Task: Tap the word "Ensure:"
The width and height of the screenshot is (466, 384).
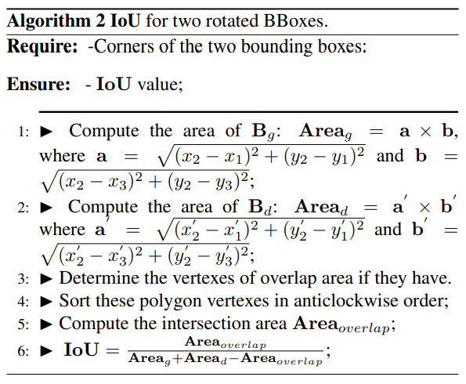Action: tap(40, 84)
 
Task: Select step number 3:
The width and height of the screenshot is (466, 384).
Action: tap(22, 278)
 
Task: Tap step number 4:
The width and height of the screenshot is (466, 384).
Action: tap(22, 301)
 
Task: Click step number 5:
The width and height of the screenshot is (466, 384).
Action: tap(22, 324)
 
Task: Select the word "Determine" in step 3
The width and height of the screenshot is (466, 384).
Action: tap(96, 278)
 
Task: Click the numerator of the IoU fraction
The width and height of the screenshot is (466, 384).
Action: tap(225, 342)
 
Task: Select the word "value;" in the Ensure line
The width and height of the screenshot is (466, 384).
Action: tap(159, 84)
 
